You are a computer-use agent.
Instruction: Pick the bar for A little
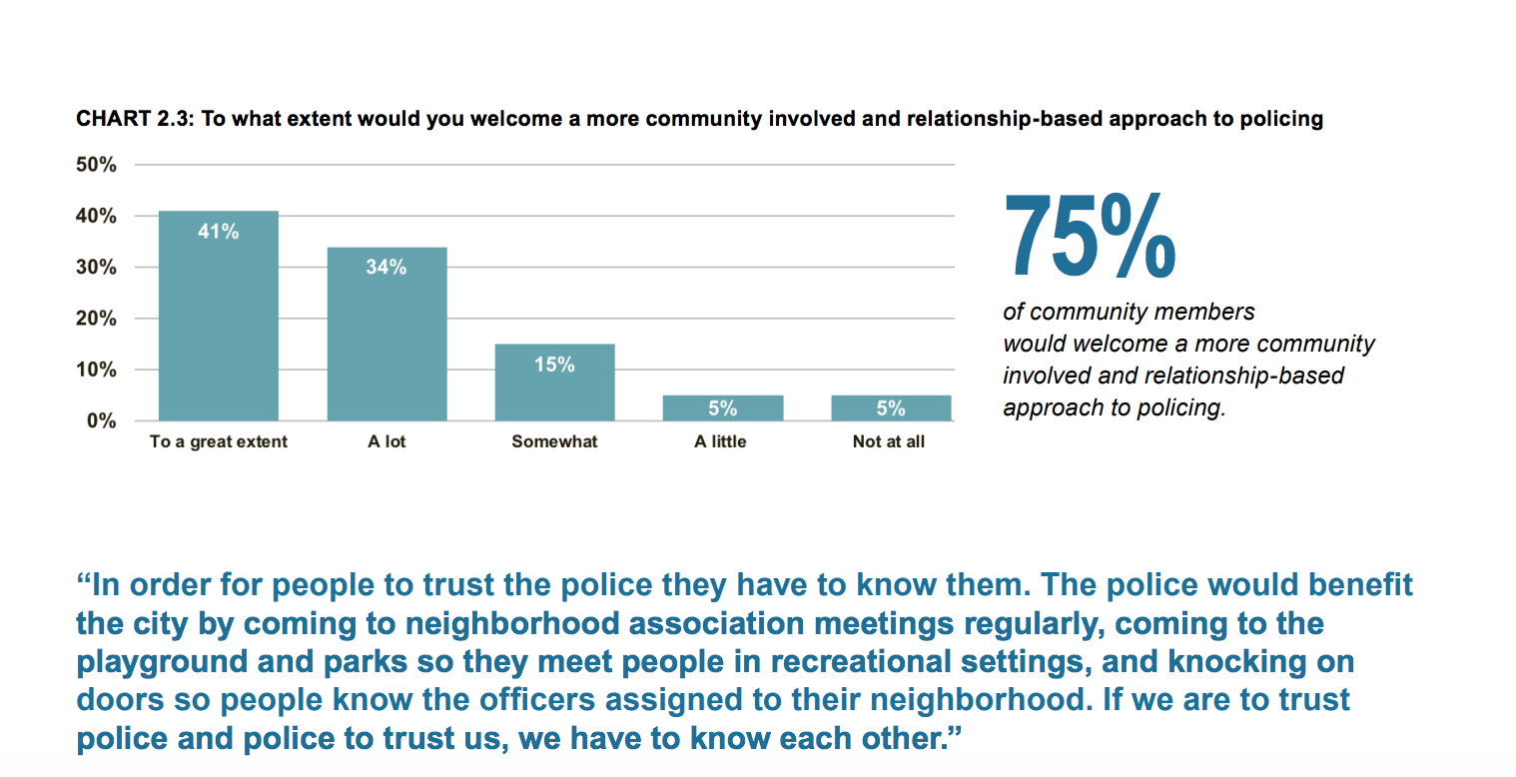[x=722, y=407]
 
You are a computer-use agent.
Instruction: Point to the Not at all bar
[x=890, y=407]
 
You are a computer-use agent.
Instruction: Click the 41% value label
[x=219, y=232]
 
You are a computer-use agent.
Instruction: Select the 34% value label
[x=386, y=267]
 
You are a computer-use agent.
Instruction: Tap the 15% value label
[x=554, y=365]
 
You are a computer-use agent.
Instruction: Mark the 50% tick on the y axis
[x=97, y=165]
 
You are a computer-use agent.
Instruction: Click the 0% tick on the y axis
[x=102, y=420]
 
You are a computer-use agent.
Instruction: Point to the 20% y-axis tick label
[x=97, y=319]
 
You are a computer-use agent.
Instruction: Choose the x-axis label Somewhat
[x=554, y=441]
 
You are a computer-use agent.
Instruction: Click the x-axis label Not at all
[x=889, y=441]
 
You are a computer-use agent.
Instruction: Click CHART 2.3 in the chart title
[x=136, y=119]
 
